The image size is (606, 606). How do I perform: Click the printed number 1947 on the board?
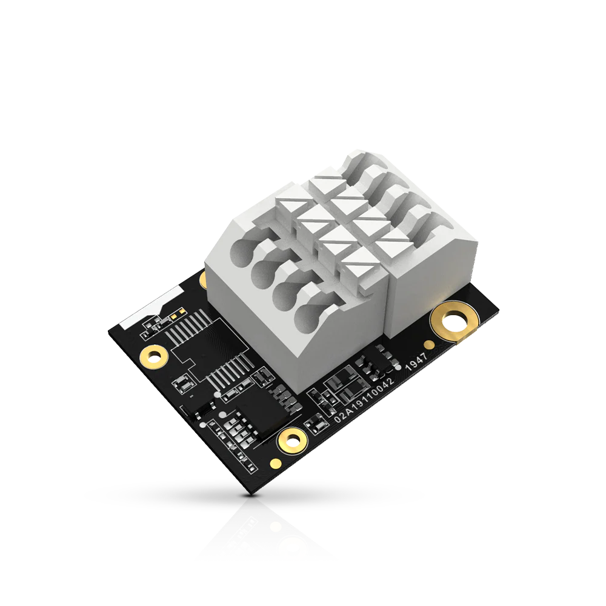416,361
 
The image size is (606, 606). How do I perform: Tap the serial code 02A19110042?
364,399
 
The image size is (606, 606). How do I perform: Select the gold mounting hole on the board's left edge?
154,356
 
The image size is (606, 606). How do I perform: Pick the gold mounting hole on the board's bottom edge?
293,439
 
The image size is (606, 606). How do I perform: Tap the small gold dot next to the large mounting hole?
428,344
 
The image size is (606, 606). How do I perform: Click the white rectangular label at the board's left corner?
151,307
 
